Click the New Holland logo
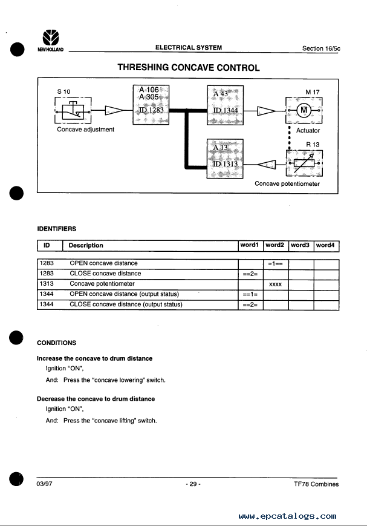coord(51,41)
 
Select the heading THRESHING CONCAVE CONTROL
coord(189,67)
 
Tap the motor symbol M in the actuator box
coord(304,110)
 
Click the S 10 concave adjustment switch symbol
coord(73,110)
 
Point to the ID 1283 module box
coord(151,105)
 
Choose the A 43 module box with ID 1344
coord(226,105)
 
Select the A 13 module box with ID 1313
coord(226,159)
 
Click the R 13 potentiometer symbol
coord(304,163)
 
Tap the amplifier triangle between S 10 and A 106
coord(114,110)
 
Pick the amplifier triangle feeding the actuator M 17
coord(266,111)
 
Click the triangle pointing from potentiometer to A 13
coord(267,165)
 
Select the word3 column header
coord(300,245)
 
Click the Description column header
coord(86,246)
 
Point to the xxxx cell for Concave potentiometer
coord(276,284)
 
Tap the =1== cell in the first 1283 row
coord(276,264)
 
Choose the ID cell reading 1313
coord(47,284)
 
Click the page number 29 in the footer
coord(193,484)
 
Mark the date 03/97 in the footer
coord(44,484)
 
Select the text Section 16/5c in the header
coord(321,48)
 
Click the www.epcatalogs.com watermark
coord(288,516)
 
